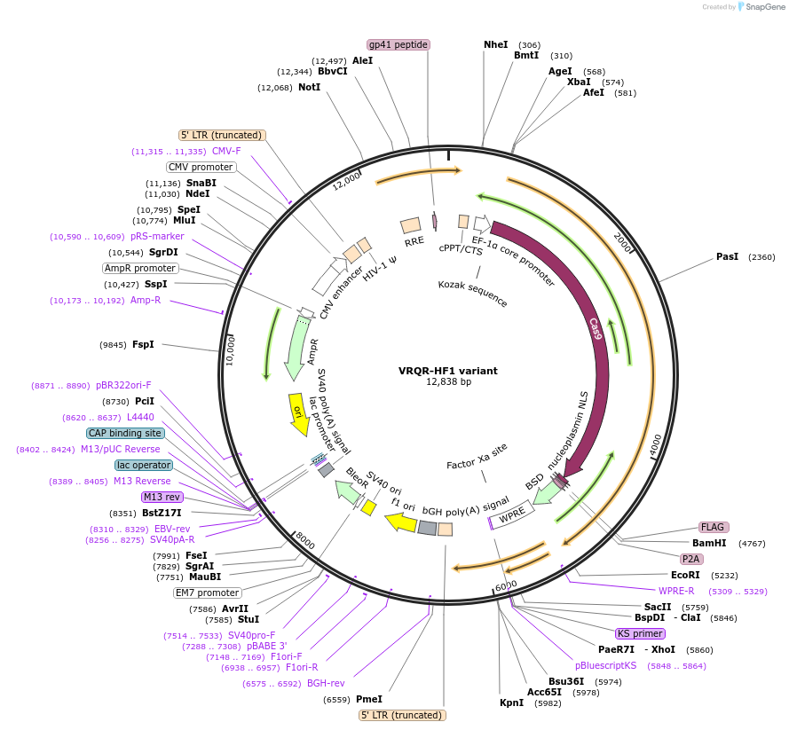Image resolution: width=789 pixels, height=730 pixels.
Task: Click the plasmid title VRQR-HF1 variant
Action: click(x=447, y=370)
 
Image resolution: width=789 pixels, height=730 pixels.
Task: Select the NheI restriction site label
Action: click(x=495, y=44)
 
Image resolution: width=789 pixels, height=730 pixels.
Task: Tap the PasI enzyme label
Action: click(x=727, y=257)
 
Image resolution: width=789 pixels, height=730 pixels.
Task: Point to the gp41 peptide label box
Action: click(x=398, y=44)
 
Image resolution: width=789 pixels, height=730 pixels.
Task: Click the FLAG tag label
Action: click(x=713, y=527)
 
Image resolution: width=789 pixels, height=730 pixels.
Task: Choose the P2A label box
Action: click(x=690, y=559)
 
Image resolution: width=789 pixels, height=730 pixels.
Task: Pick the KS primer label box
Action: click(x=639, y=633)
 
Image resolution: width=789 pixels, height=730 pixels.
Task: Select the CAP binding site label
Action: click(x=125, y=433)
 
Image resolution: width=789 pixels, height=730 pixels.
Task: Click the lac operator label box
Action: click(x=144, y=465)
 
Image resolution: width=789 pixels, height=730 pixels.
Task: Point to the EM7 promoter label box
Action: click(x=207, y=593)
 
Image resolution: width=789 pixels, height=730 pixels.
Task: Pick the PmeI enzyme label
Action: click(x=368, y=699)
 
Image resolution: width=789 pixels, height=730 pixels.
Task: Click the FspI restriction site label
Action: click(x=142, y=344)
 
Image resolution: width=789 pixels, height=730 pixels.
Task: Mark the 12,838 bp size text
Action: click(x=447, y=382)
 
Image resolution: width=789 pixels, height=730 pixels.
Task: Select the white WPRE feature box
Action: click(x=512, y=514)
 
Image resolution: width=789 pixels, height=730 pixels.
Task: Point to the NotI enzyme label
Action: click(x=309, y=88)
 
